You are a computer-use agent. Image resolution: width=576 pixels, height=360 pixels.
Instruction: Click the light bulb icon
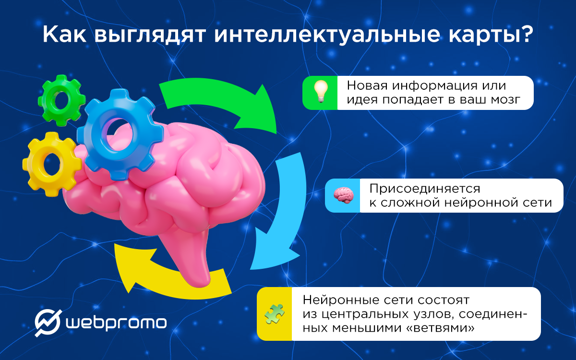coord(320,92)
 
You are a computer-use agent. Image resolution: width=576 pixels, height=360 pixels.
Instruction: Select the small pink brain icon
coord(344,195)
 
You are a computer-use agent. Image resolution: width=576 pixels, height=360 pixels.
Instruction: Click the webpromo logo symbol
coord(48,322)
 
